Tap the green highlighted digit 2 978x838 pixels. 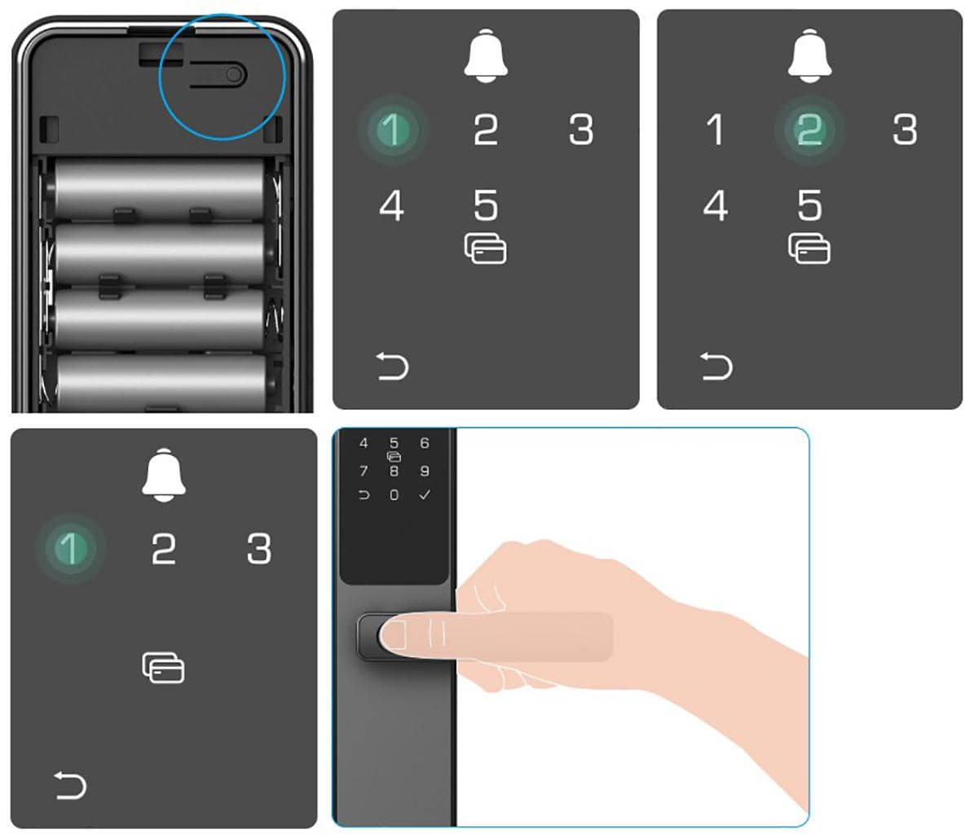(809, 129)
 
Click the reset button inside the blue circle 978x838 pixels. (233, 74)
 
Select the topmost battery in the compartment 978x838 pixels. (160, 189)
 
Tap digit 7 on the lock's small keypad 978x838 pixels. (363, 471)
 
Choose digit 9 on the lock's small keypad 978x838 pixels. (425, 471)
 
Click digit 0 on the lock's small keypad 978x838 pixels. (394, 495)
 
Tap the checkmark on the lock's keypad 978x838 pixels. (425, 494)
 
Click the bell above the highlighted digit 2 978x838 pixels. (809, 56)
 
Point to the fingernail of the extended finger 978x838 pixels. (393, 635)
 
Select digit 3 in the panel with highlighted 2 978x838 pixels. (905, 129)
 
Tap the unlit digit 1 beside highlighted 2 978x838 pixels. (715, 129)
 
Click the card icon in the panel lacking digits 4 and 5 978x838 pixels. (163, 668)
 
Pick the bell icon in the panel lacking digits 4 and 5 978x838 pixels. (164, 475)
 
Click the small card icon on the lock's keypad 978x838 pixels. (394, 457)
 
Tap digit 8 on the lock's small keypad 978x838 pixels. (394, 471)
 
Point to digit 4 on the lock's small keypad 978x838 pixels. (363, 443)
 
